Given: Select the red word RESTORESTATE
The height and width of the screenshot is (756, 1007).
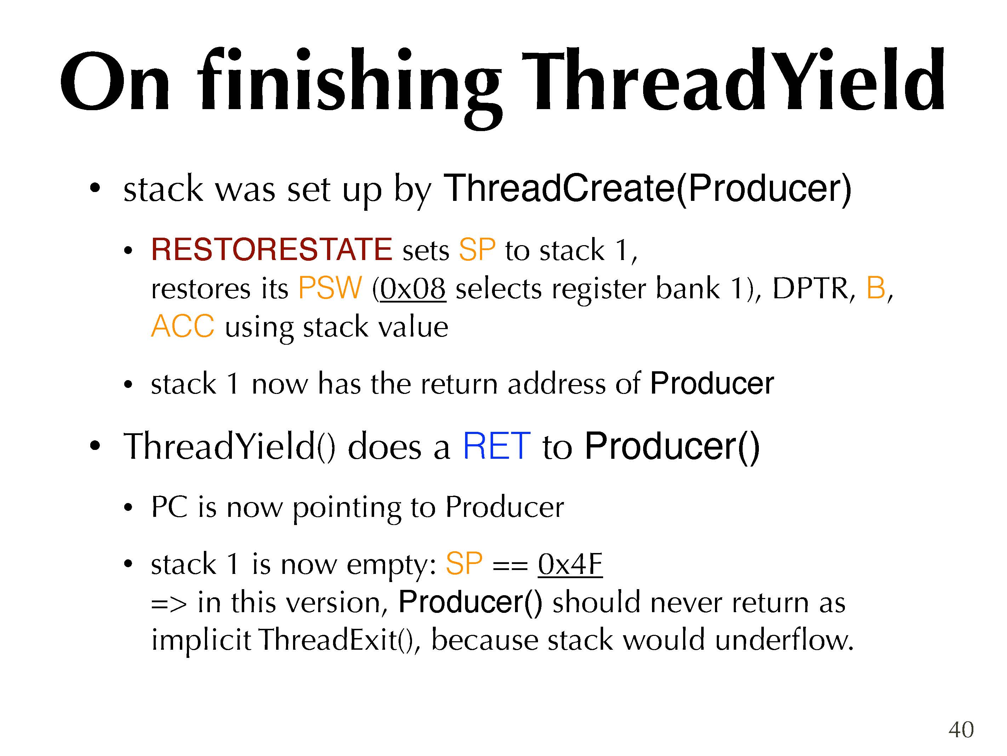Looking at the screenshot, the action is tap(271, 250).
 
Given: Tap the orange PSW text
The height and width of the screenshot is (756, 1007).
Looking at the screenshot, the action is tap(330, 288).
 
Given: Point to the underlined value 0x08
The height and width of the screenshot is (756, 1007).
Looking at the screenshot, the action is tap(412, 288).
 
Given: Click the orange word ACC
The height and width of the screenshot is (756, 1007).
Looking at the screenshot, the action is tap(183, 326).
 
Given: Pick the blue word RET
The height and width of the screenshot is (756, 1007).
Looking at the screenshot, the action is tap(497, 446).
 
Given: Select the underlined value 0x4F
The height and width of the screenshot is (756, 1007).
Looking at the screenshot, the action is tap(570, 564).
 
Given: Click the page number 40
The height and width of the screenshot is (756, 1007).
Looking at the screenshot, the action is tap(961, 729).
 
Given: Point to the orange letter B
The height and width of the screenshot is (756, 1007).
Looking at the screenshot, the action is tap(875, 288).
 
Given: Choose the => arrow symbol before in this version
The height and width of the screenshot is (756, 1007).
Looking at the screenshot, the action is tap(169, 604).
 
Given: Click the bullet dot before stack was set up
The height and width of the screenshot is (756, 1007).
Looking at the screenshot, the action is tap(95, 188).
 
